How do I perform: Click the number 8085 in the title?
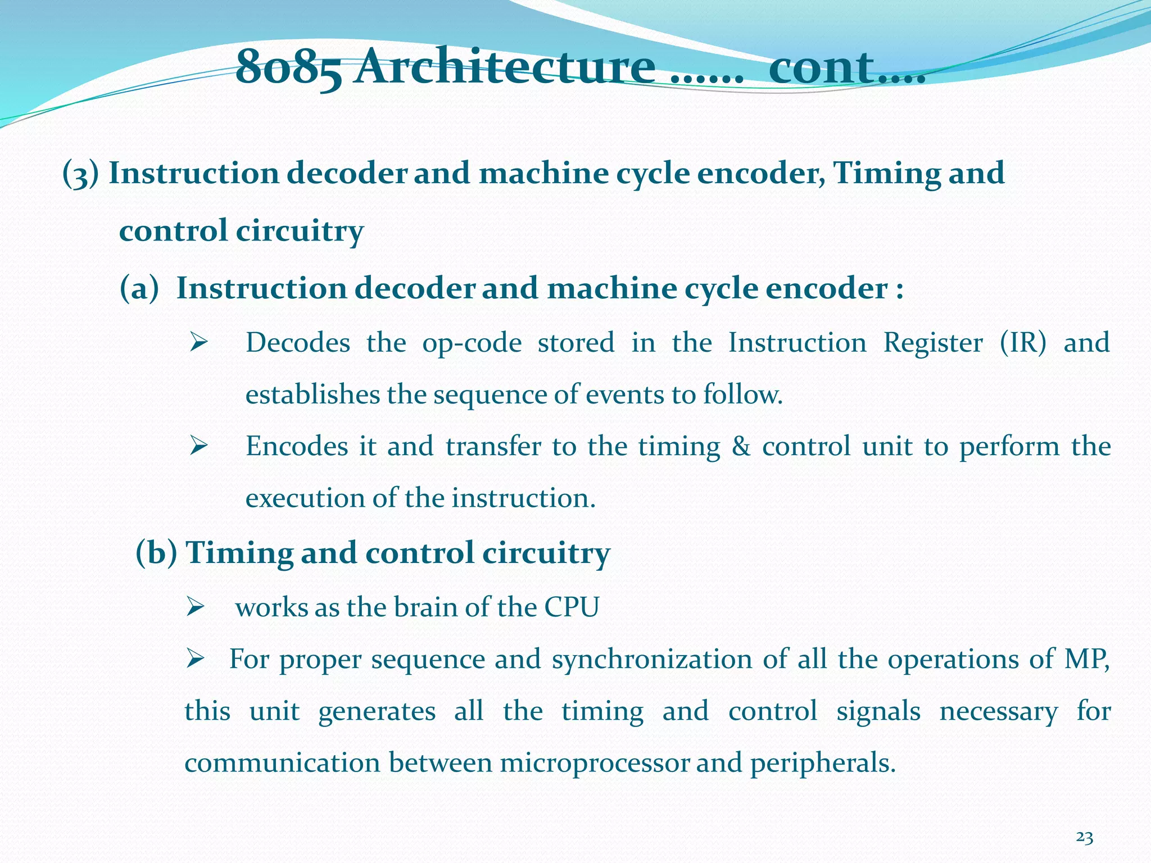288,69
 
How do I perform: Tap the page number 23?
1084,838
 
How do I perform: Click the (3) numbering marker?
80,174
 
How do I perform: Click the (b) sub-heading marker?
156,553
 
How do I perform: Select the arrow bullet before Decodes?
199,342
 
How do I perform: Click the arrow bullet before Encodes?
199,446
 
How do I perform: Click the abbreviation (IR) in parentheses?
1023,343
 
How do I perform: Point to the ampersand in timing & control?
741,447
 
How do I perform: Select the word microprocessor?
595,763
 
